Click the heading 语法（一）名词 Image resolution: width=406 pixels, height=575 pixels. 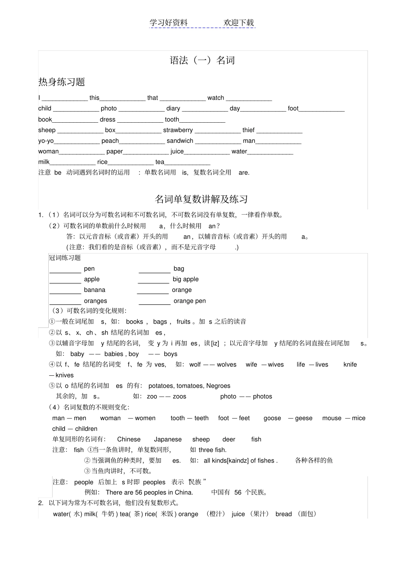[x=202, y=60]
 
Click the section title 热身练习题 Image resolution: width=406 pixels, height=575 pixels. [x=62, y=82]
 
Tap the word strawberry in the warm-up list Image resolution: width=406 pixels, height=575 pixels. [x=178, y=130]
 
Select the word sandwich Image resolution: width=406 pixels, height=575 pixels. [x=180, y=141]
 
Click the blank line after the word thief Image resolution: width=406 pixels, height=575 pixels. [x=279, y=131]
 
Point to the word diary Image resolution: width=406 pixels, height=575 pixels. [x=173, y=109]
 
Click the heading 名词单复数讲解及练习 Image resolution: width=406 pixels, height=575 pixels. [x=201, y=199]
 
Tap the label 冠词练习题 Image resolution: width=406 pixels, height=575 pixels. [x=65, y=258]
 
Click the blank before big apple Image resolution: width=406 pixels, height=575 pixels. [x=154, y=280]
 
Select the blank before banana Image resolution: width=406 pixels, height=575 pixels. [x=65, y=291]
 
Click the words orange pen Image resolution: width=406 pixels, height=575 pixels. [x=190, y=301]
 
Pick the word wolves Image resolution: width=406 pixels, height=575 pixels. [x=227, y=365]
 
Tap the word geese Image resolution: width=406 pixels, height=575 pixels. [x=303, y=418]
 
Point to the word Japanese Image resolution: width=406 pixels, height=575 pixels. [x=168, y=439]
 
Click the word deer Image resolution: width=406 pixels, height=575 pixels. [x=229, y=439]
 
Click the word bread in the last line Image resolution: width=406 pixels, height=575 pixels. [x=283, y=514]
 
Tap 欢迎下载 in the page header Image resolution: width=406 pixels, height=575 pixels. [x=238, y=23]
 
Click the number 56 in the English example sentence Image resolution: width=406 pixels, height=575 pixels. [x=138, y=492]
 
